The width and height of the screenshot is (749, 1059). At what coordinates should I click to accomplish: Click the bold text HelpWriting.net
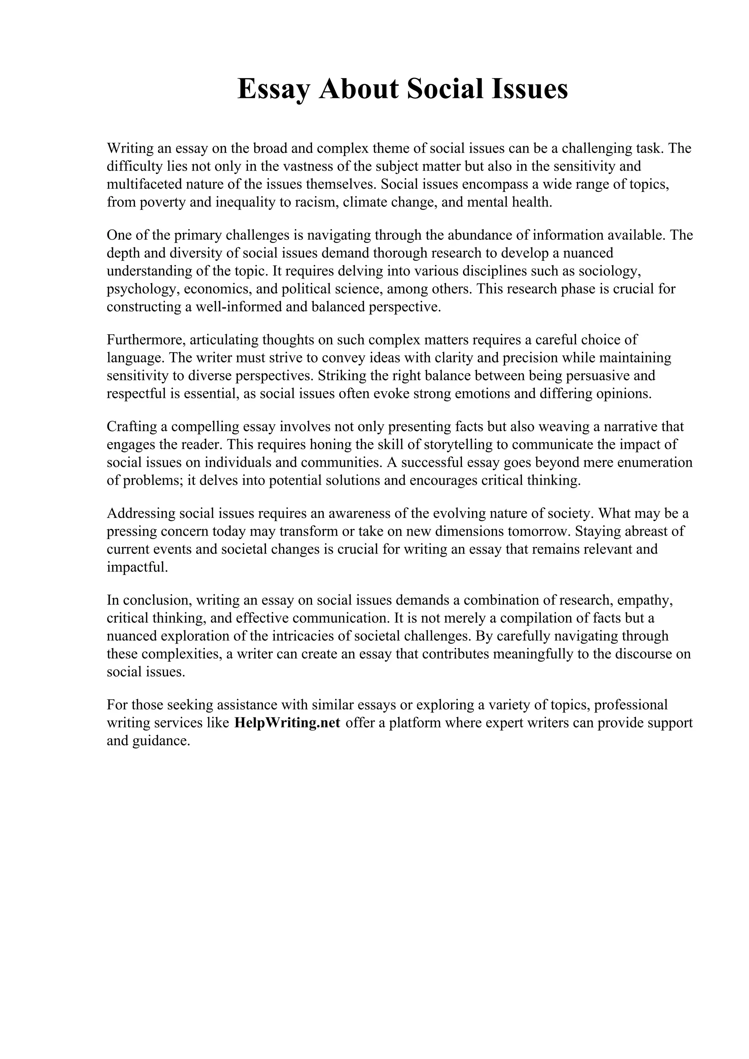[x=287, y=722]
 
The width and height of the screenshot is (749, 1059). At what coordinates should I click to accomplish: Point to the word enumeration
[x=654, y=463]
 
